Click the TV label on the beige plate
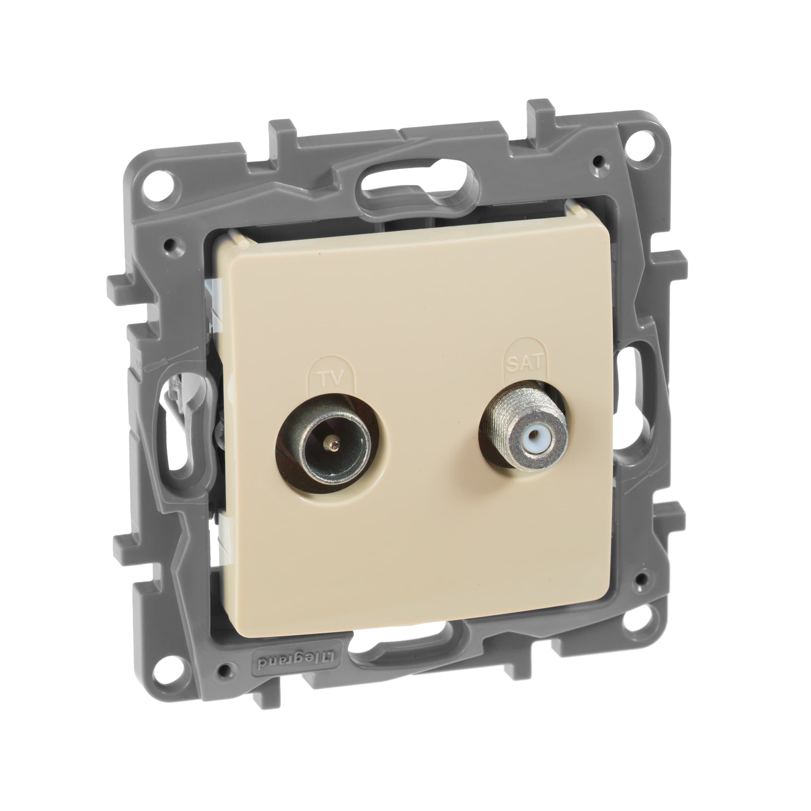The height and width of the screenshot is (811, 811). point(330,379)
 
